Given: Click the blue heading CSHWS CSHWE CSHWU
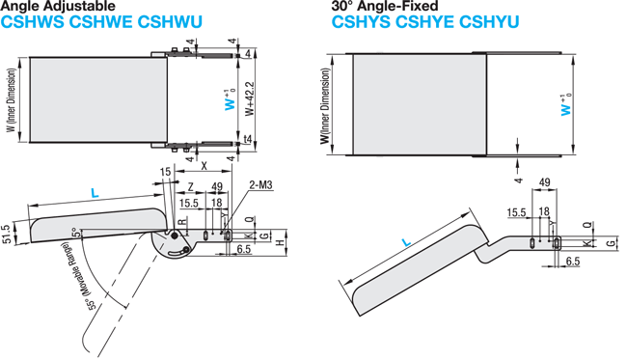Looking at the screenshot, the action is click(101, 22).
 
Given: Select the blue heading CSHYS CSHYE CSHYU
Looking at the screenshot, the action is click(425, 22).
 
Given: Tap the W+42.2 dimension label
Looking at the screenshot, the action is click(251, 98).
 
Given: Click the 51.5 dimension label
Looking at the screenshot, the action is click(6, 235).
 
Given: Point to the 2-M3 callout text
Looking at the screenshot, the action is click(260, 184).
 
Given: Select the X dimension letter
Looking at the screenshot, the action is click(204, 166).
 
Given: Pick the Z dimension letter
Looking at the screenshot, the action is click(191, 187).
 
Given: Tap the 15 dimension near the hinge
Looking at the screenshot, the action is click(165, 172).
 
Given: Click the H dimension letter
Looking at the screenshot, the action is click(280, 242).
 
